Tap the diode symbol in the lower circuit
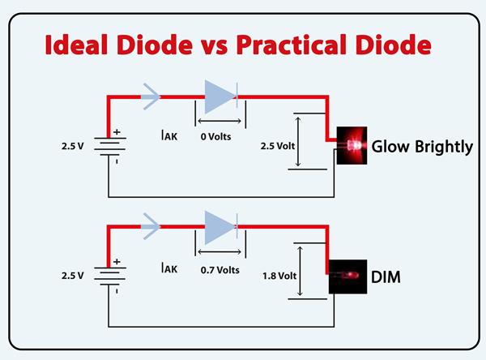pyautogui.click(x=218, y=227)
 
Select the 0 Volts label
pyautogui.click(x=215, y=136)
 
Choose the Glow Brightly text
pyautogui.click(x=422, y=147)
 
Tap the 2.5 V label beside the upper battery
pyautogui.click(x=73, y=147)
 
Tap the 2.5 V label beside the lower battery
pyautogui.click(x=73, y=276)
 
